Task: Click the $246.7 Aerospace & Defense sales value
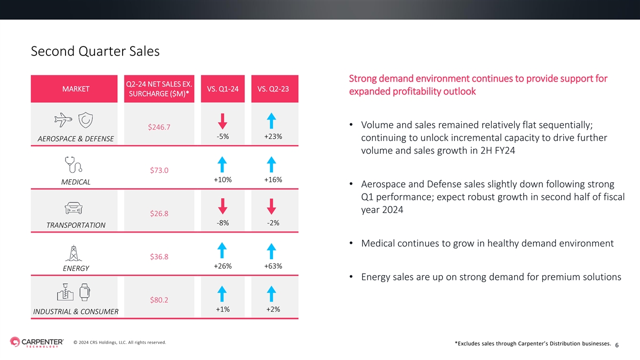pos(159,127)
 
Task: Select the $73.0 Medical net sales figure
pos(159,170)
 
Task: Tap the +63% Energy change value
pos(273,266)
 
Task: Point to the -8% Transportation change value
pos(222,223)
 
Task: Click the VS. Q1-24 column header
pos(223,89)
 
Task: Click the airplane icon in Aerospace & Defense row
pos(63,120)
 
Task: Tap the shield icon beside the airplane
pos(85,120)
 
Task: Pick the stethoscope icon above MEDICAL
pos(74,165)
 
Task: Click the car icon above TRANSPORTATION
pos(74,209)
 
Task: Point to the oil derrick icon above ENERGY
pos(74,253)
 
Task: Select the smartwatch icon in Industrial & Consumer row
pos(85,292)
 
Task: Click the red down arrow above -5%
pos(222,122)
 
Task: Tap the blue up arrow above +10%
pos(222,165)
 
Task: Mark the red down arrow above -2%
pos(271,206)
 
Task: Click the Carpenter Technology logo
pos(37,342)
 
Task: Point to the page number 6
pos(617,345)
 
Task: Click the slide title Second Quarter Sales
pos(95,51)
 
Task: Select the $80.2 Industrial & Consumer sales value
pos(159,300)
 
